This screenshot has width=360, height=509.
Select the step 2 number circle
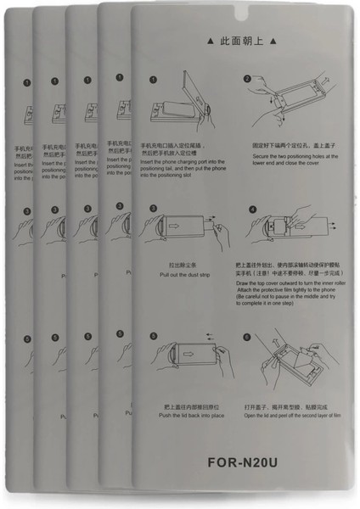tap(248, 79)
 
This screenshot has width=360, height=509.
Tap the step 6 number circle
tap(247, 337)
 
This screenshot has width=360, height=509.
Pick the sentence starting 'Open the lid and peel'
tap(291, 416)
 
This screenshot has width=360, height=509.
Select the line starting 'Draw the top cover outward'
tap(290, 281)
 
